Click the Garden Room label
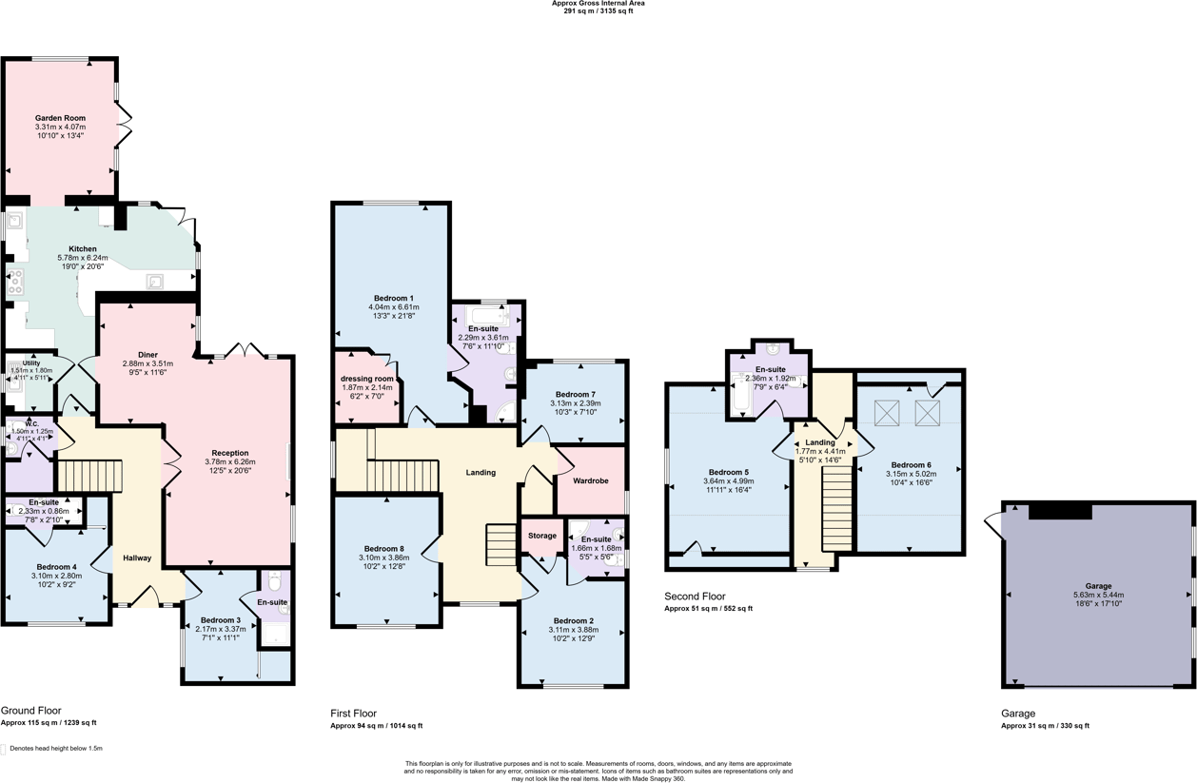tap(60, 118)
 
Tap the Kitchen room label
tap(83, 249)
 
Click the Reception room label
tap(230, 453)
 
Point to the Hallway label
tap(136, 558)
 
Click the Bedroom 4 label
tap(57, 566)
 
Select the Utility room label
tap(31, 363)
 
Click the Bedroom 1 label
tap(393, 298)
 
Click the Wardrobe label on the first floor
tap(589, 480)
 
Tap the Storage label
tap(541, 536)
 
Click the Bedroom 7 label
tap(575, 394)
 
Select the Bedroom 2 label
tap(573, 620)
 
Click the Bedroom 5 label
tap(728, 472)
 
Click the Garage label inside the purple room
tap(1097, 586)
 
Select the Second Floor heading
tap(695, 597)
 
